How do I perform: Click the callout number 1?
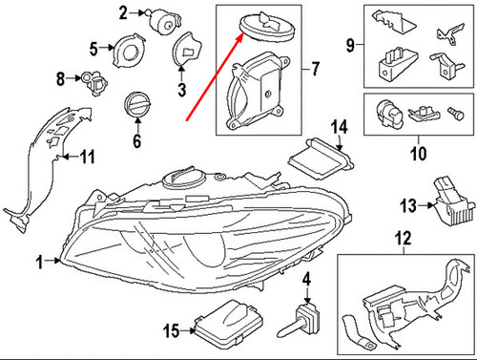click(40, 261)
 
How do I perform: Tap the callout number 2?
click(123, 12)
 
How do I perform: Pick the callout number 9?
click(349, 44)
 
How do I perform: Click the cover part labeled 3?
click(187, 47)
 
